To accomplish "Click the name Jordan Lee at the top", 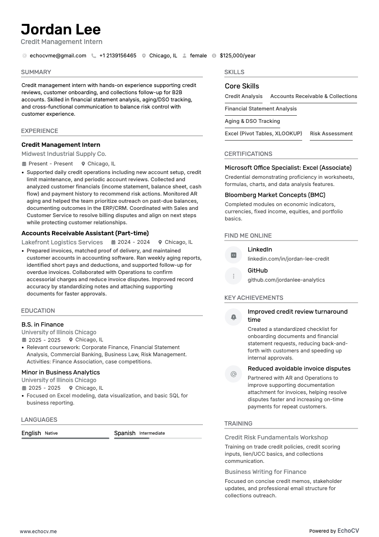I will (x=61, y=30).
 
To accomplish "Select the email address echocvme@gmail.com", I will (x=58, y=55).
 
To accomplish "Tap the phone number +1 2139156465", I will (x=117, y=55).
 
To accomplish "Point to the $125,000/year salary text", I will (x=237, y=55).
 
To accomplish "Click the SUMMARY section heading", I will (x=36, y=72).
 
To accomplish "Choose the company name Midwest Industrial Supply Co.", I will (x=63, y=154).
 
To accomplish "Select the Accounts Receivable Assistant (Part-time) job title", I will (x=85, y=233).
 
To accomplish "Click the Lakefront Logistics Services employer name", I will (x=62, y=242).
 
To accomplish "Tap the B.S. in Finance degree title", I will (x=42, y=325).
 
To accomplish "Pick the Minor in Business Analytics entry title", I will (x=61, y=373).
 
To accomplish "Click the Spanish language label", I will (x=125, y=433).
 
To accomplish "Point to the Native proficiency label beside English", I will (x=51, y=433).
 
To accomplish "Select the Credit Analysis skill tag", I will (x=243, y=97).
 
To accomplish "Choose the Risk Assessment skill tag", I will (x=331, y=134).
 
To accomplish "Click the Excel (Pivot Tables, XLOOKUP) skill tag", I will (x=263, y=134).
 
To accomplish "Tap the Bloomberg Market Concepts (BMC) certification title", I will (x=275, y=195).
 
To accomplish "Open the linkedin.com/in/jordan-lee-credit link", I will (x=288, y=259).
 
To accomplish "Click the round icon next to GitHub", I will (x=233, y=276).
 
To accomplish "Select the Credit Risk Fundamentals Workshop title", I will (x=276, y=438).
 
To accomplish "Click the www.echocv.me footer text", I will (x=38, y=531).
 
